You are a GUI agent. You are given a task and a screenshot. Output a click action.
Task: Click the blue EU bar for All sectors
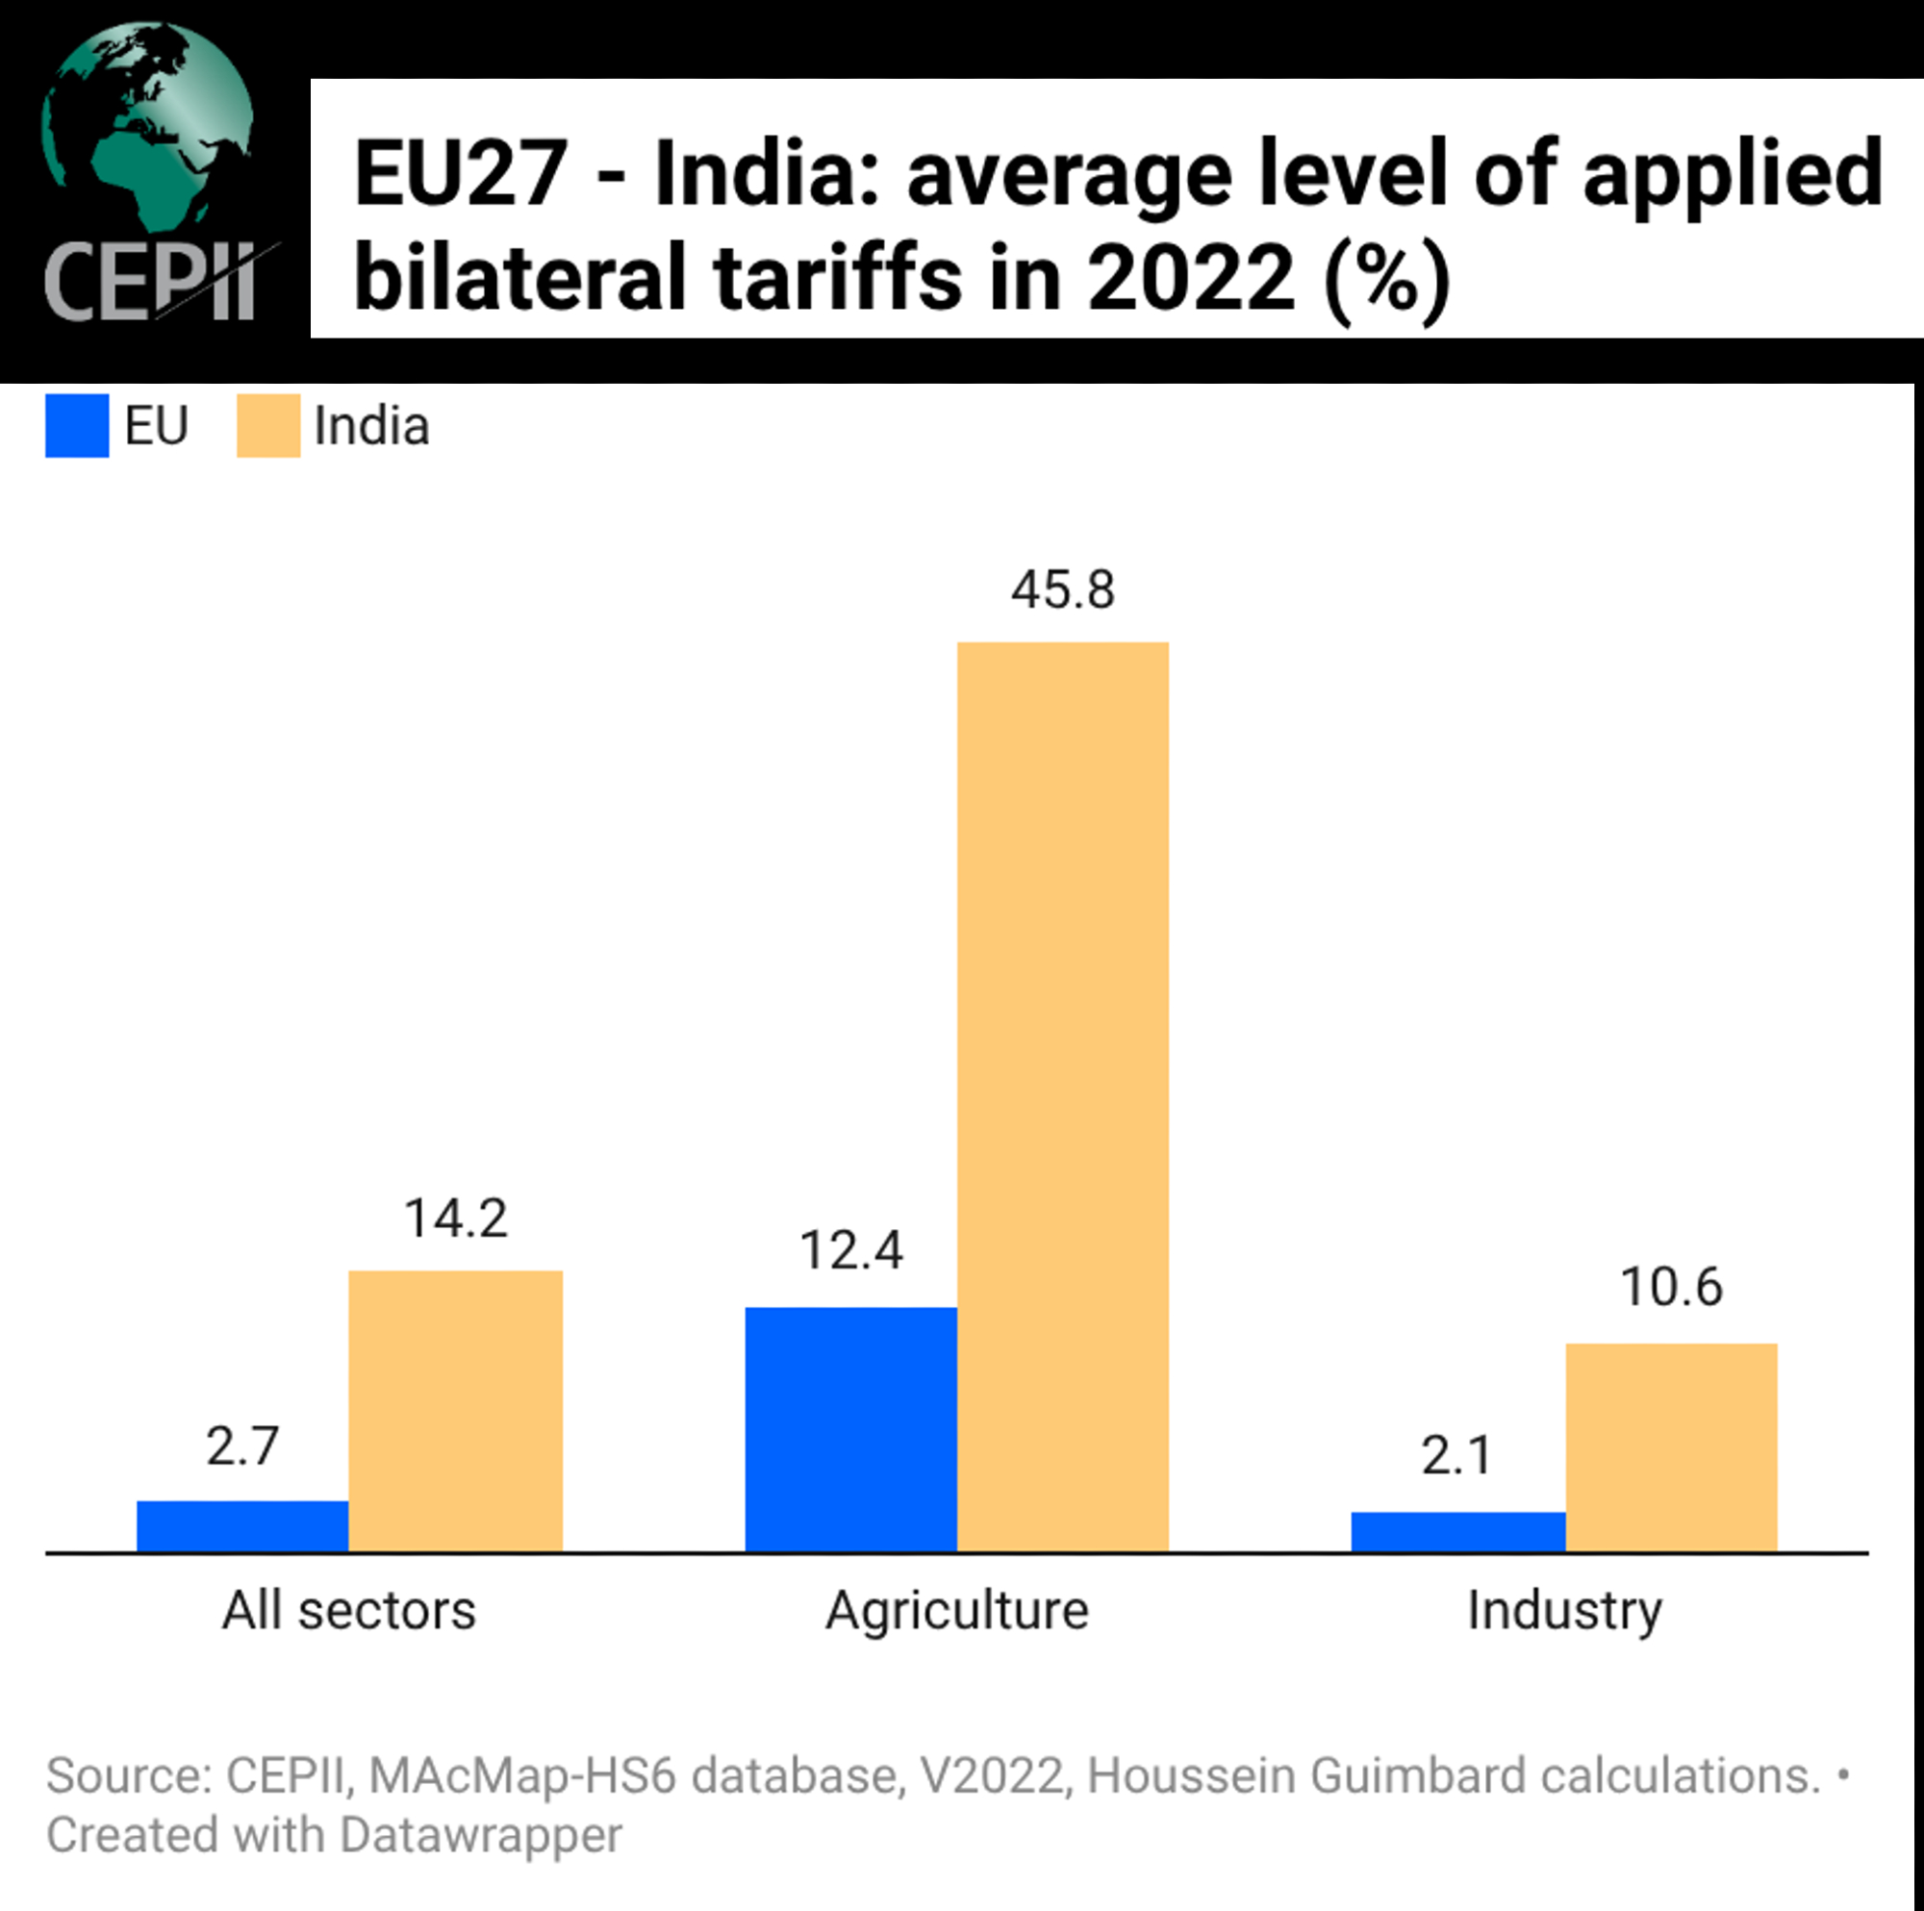[242, 1525]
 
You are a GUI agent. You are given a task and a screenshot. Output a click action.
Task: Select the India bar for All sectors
[455, 1410]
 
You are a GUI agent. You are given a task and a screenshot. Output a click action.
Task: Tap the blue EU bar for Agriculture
[850, 1429]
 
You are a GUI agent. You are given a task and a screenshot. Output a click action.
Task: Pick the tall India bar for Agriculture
[1063, 1095]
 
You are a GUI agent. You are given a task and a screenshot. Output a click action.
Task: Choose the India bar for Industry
[1671, 1446]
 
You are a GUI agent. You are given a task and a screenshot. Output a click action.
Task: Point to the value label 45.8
[1063, 590]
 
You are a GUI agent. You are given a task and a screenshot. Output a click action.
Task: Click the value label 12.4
[850, 1251]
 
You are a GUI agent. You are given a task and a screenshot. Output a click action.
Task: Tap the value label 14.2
[455, 1218]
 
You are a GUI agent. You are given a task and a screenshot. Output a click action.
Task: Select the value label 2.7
[242, 1446]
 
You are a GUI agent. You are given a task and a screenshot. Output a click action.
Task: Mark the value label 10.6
[1671, 1287]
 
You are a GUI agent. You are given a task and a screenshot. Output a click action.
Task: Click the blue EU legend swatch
[77, 426]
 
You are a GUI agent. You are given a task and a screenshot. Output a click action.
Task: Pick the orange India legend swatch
[267, 426]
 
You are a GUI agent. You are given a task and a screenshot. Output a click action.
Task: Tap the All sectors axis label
[348, 1610]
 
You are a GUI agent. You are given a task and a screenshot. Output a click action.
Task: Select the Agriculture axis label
[957, 1610]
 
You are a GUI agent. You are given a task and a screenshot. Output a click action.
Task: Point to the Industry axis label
[1564, 1610]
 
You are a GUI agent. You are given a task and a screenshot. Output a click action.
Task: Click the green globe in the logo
[147, 124]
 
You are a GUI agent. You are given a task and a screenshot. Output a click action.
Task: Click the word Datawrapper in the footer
[481, 1835]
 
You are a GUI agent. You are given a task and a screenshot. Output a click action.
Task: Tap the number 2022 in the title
[1190, 279]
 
